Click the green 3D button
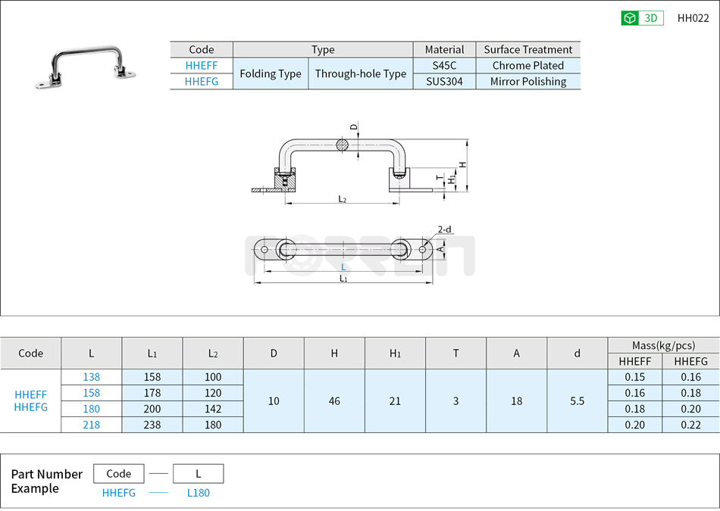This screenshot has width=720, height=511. (x=642, y=18)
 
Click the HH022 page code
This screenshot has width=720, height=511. (x=693, y=18)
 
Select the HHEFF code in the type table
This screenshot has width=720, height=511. (x=202, y=66)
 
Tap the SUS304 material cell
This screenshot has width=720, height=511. (x=444, y=82)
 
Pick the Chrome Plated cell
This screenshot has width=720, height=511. (x=527, y=66)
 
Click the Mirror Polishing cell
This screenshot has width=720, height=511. (x=527, y=82)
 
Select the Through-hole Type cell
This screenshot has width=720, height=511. (x=361, y=74)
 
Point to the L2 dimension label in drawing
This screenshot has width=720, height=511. (x=343, y=199)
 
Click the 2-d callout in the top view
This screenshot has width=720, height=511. (x=444, y=229)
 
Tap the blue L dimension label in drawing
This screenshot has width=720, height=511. (x=343, y=267)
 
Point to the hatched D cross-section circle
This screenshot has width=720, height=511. (x=343, y=145)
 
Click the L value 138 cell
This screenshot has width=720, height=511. (x=91, y=377)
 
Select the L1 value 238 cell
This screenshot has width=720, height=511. (x=152, y=425)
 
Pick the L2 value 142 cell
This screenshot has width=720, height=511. (x=213, y=409)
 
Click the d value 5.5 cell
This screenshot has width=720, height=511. (x=577, y=401)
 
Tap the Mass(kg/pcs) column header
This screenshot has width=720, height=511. (x=663, y=345)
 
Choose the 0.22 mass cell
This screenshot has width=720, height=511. (x=690, y=425)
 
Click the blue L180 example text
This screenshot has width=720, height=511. (x=198, y=493)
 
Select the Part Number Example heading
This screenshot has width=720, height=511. (x=46, y=481)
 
